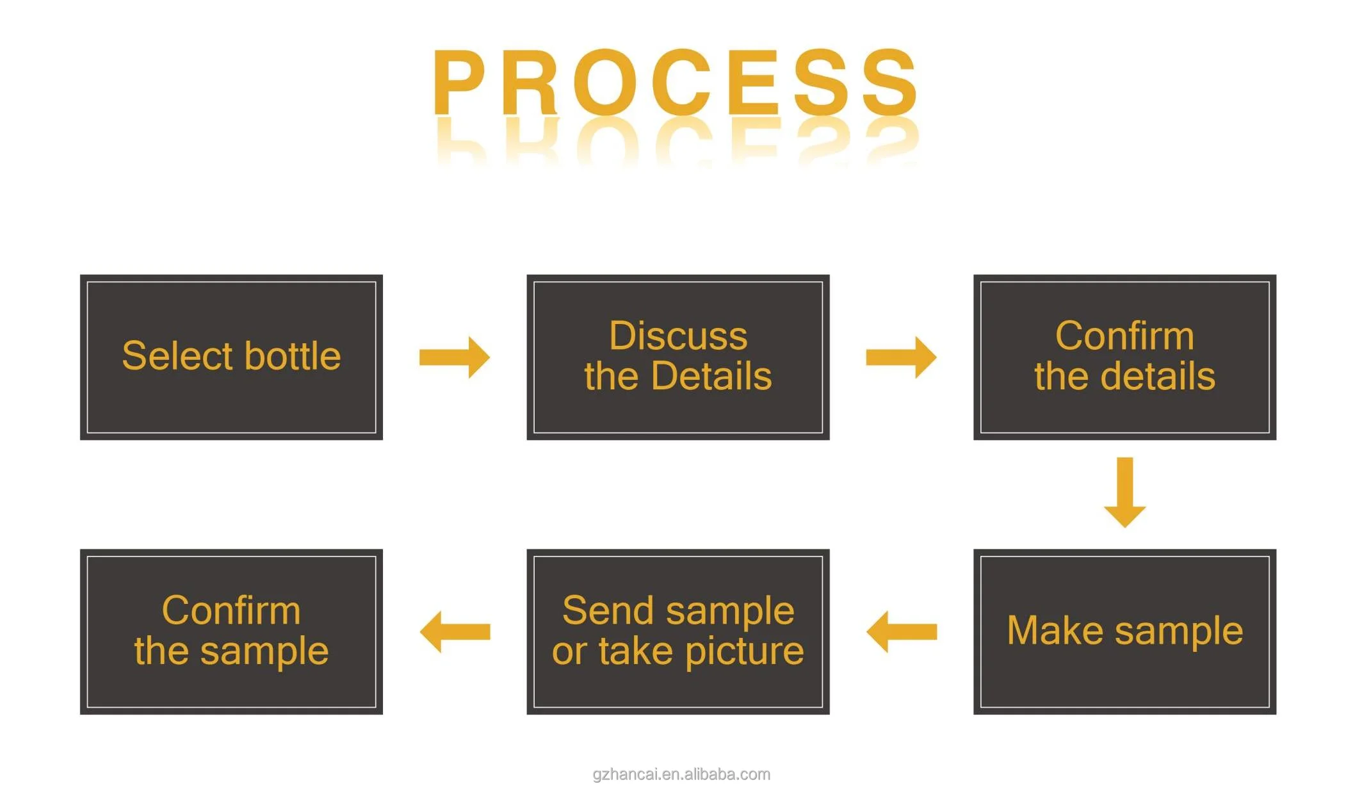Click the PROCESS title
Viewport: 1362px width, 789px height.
pos(676,82)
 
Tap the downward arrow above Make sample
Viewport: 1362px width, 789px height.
pos(1124,492)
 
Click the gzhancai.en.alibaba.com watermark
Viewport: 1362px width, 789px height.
pos(681,774)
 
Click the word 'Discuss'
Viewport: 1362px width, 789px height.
pos(678,336)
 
